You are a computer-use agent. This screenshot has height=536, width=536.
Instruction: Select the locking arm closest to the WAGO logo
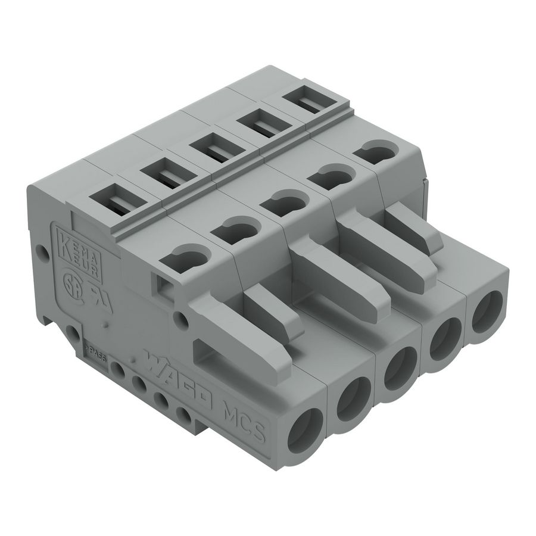[244, 334]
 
